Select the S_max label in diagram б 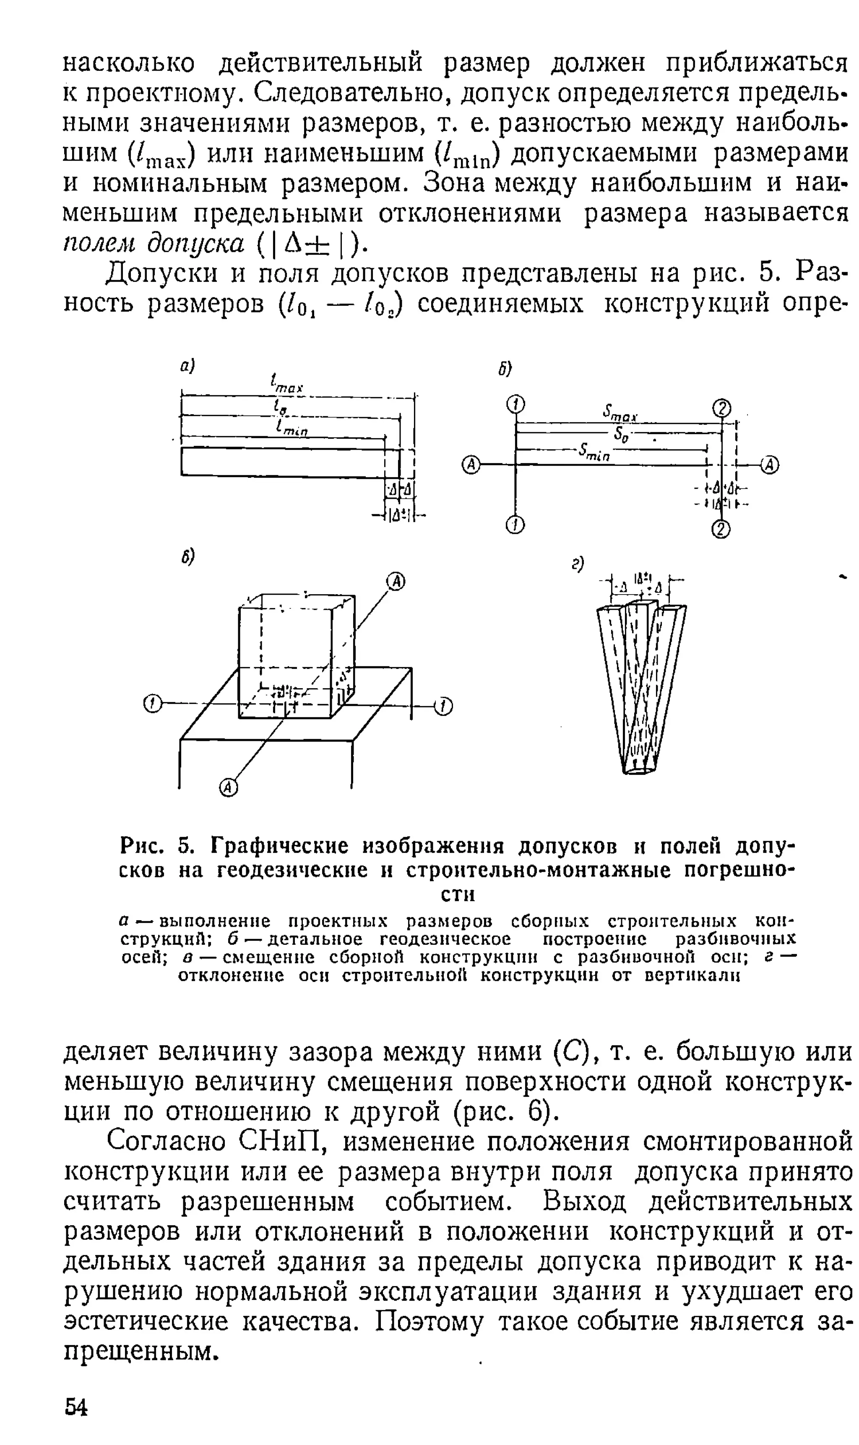[x=620, y=413]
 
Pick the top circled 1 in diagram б [x=515, y=404]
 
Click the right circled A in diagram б [x=770, y=464]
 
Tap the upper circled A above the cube [x=396, y=581]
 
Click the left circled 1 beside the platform [x=152, y=704]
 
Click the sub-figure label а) [x=187, y=366]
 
